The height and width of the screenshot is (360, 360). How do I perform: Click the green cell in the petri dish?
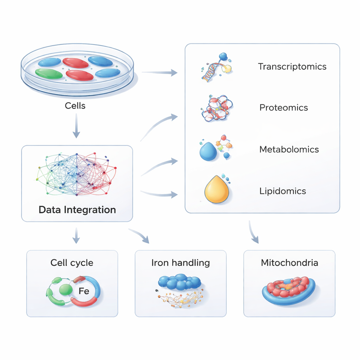pos(49,73)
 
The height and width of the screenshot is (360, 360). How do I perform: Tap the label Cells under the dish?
pos(75,105)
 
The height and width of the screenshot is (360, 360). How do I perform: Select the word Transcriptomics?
pos(292,66)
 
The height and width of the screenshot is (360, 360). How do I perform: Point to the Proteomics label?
pos(284,108)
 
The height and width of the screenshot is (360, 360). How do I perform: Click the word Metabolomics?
pos(289,149)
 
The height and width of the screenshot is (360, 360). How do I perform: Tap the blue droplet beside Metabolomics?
pos(208,152)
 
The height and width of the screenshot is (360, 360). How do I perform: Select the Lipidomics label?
pos(283,191)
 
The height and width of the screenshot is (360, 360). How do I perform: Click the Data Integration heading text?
pos(77,210)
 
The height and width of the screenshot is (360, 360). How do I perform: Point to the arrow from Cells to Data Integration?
pos(76,128)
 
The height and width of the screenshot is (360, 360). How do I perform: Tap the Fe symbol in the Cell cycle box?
pos(84,291)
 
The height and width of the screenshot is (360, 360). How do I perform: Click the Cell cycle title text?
pos(72,263)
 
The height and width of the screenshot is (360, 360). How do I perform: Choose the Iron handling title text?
pos(181,263)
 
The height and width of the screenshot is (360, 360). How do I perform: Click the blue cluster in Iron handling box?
pos(180,282)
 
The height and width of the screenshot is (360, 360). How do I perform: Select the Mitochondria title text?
pos(289,263)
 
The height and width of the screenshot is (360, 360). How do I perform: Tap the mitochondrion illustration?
pos(289,290)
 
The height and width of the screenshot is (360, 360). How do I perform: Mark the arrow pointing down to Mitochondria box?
pos(253,233)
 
